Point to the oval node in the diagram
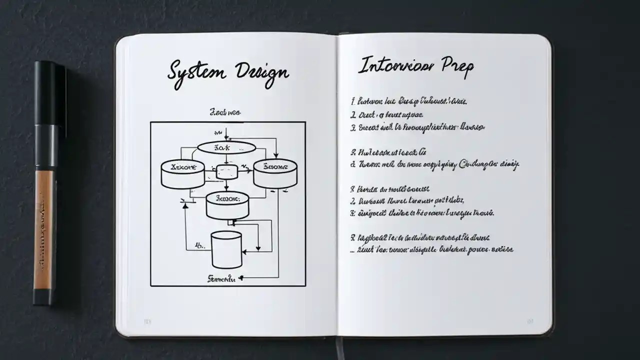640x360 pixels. [226, 148]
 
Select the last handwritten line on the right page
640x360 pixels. [432, 249]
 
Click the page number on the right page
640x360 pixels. [529, 321]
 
